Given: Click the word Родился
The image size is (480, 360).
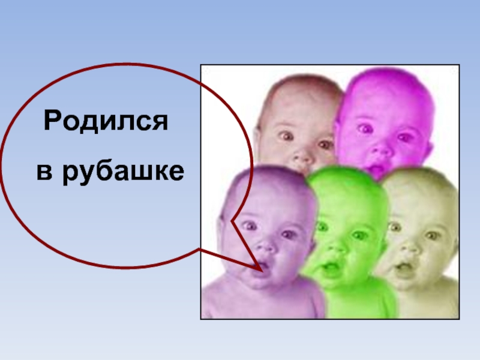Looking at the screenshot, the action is click(x=106, y=121).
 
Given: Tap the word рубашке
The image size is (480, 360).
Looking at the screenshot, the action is click(x=123, y=172).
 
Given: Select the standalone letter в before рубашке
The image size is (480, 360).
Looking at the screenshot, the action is click(x=44, y=173).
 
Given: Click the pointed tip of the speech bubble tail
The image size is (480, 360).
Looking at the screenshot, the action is click(x=263, y=271).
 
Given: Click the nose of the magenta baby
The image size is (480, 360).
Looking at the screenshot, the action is click(x=380, y=150).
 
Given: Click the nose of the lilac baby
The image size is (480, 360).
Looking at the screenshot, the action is click(x=265, y=244).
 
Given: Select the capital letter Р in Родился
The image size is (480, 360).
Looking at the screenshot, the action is click(x=52, y=121).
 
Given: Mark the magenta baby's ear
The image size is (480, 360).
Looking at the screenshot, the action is click(x=430, y=148).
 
